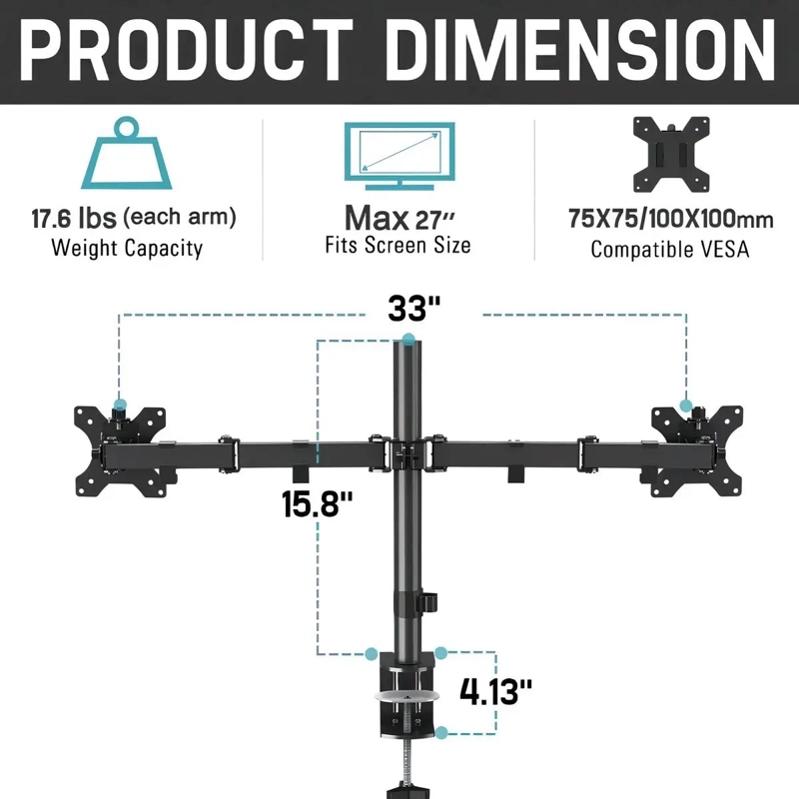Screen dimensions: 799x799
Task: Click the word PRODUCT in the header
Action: [187, 50]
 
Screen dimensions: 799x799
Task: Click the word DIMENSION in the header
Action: [581, 50]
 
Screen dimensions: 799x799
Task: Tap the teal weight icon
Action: [127, 153]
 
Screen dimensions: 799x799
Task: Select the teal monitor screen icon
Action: [399, 156]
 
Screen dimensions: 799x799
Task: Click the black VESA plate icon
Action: [671, 155]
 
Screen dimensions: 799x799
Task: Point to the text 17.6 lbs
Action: [74, 219]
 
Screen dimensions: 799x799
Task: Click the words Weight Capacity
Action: [127, 248]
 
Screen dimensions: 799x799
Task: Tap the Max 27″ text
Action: [399, 219]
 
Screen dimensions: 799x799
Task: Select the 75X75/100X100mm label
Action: [671, 219]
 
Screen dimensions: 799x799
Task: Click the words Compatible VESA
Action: [670, 249]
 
